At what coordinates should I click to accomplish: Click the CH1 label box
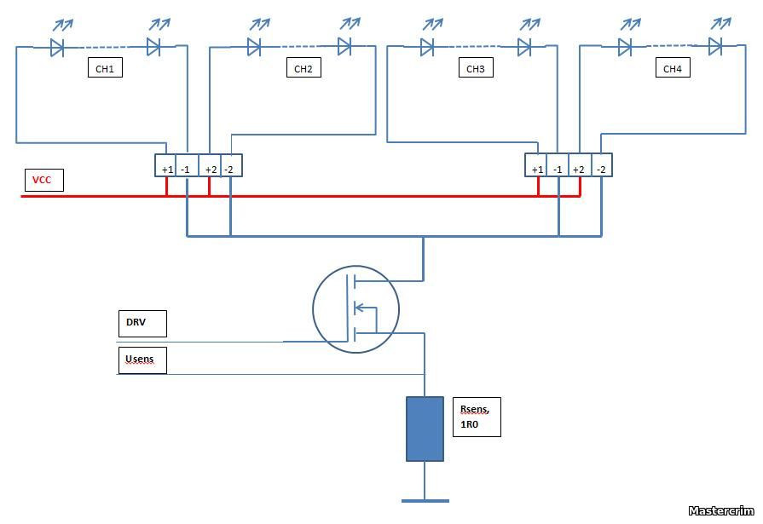105,68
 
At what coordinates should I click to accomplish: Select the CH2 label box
303,68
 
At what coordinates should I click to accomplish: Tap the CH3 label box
475,68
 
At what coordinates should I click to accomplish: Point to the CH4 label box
673,68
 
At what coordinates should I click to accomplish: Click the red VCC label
43,181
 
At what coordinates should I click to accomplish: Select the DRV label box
142,324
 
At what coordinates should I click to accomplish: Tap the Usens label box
142,360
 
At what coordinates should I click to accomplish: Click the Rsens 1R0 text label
476,417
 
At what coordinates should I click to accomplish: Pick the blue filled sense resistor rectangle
425,429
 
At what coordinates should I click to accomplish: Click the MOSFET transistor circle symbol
355,309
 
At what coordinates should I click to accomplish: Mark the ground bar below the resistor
425,500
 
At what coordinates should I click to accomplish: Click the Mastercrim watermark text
723,510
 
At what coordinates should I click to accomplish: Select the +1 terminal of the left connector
166,169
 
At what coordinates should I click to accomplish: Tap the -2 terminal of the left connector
230,169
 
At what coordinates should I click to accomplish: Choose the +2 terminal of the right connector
579,169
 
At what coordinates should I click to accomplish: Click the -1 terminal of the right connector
558,169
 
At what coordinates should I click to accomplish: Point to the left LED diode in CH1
57,48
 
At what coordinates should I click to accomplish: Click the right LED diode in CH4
714,46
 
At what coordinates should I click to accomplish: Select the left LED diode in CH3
427,48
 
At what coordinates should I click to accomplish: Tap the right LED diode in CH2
344,46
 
